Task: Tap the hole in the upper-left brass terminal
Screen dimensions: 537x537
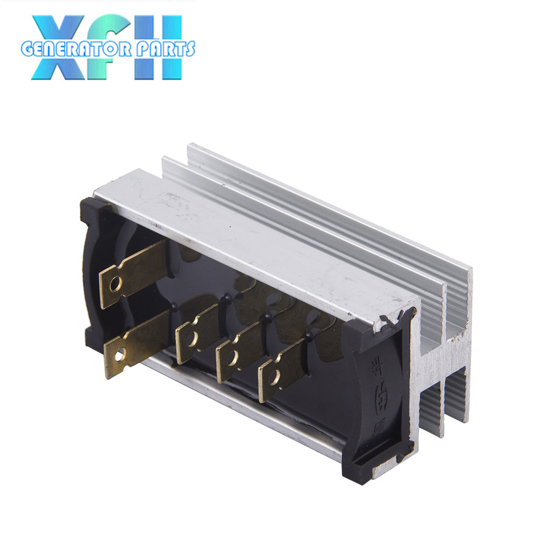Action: click(x=115, y=284)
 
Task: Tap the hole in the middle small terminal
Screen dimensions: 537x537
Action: click(x=233, y=358)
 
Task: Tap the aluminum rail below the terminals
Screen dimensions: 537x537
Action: click(x=242, y=408)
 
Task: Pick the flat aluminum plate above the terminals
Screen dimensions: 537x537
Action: click(x=242, y=236)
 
